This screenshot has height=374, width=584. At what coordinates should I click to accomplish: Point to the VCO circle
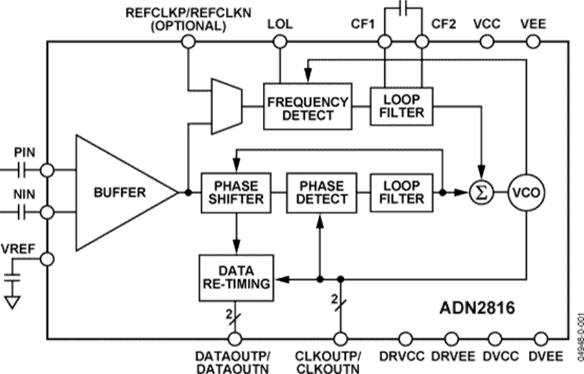(x=526, y=192)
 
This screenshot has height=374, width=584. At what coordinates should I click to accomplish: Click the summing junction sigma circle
(x=481, y=192)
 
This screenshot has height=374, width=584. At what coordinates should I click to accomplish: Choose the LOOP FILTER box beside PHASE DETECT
(x=403, y=192)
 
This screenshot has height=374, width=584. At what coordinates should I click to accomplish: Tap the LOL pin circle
(x=280, y=42)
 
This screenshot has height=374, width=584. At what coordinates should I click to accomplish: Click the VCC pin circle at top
(x=486, y=42)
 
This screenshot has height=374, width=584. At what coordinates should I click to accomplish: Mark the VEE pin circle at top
(x=533, y=42)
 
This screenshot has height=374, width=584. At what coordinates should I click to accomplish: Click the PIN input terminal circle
(x=47, y=170)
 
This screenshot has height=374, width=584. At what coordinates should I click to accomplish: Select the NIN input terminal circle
(x=47, y=212)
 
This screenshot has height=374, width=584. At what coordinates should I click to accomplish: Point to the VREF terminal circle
(x=47, y=259)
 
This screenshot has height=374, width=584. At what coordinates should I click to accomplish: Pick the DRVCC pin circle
(x=406, y=338)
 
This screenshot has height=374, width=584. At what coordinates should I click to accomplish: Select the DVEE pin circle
(x=541, y=338)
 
